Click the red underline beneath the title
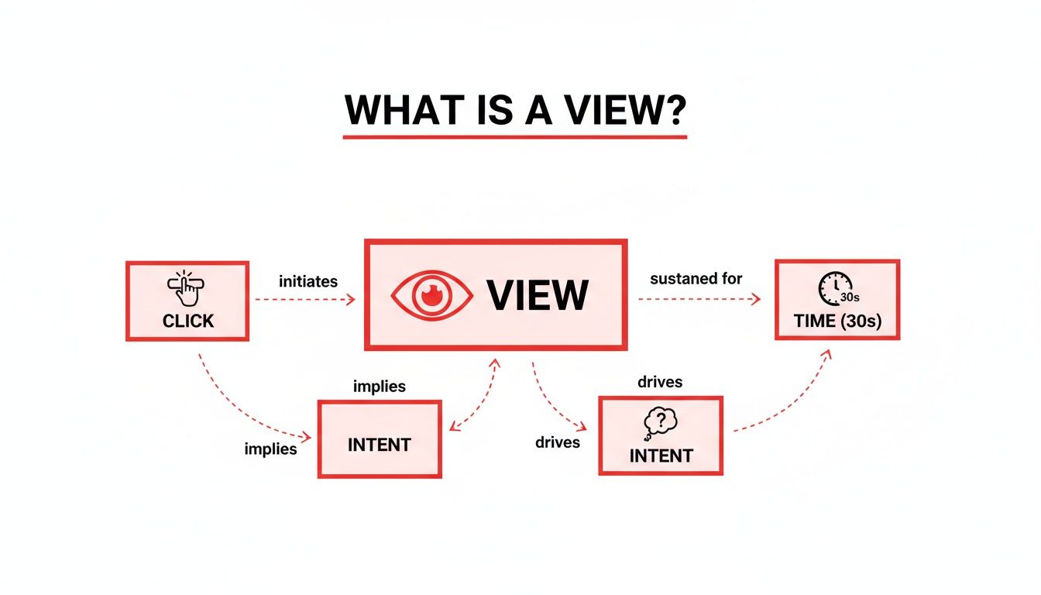point(515,137)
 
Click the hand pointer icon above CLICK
point(186,288)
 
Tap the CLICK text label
point(187,321)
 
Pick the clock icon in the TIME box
point(834,288)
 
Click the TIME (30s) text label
point(837,321)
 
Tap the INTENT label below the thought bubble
point(661,456)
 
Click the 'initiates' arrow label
point(307,281)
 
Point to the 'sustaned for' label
point(696,278)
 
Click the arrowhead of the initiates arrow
point(352,299)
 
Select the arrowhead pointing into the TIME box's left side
point(758,298)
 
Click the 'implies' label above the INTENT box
point(379,386)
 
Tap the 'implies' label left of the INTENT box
point(270,449)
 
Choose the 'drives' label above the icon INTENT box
point(660,382)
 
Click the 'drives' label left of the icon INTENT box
point(558,442)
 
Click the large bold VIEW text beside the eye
point(537,295)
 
